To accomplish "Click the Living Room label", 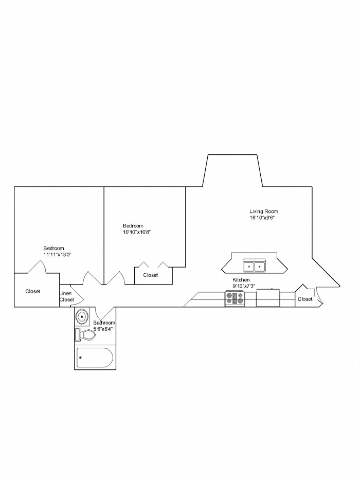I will click(264, 211).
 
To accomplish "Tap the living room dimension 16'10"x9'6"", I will click(264, 218).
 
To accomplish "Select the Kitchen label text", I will click(241, 280).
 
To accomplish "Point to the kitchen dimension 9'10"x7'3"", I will click(244, 286).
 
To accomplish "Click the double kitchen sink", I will click(255, 266).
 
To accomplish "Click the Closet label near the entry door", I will click(305, 299).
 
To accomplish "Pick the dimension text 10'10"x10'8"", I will click(136, 232).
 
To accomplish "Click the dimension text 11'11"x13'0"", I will click(57, 254).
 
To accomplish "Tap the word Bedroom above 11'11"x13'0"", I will click(53, 248).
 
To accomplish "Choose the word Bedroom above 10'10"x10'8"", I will click(133, 226).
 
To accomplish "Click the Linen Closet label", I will click(67, 296).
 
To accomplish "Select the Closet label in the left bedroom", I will click(33, 291).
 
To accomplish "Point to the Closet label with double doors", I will click(151, 275).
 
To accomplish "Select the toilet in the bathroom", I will click(87, 335).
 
